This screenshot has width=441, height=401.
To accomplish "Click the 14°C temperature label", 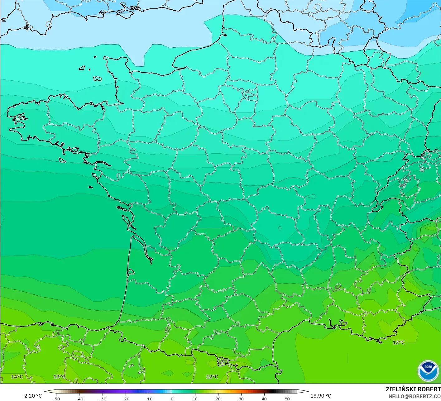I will (x=17, y=377).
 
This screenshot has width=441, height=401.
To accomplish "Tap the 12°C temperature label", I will (x=212, y=377).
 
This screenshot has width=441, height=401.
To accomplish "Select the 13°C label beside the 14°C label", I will (x=59, y=377).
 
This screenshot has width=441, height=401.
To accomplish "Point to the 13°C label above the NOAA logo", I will (x=398, y=342).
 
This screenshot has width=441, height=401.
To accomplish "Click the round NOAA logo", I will (x=428, y=371).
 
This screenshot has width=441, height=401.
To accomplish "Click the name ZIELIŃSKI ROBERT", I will (x=413, y=389).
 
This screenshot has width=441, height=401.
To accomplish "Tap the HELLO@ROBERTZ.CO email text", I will (x=415, y=396).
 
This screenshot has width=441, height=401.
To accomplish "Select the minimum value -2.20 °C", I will (x=32, y=396).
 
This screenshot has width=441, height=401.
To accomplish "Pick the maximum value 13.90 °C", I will (x=321, y=396).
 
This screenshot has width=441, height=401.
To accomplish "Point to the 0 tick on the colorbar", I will (x=172, y=399).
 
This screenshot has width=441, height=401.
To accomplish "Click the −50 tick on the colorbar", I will (x=56, y=399).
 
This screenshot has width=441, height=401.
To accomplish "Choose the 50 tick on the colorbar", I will (x=287, y=399).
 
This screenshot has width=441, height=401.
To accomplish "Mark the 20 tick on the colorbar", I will (x=218, y=399).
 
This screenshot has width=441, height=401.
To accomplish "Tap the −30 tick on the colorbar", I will (x=102, y=399).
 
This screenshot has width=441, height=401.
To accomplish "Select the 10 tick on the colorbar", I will (x=195, y=399).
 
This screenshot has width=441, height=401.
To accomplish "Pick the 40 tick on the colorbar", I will (x=264, y=399).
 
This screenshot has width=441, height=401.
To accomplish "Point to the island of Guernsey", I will (x=82, y=68).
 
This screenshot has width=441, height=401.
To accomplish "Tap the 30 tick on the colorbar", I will (x=241, y=399).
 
